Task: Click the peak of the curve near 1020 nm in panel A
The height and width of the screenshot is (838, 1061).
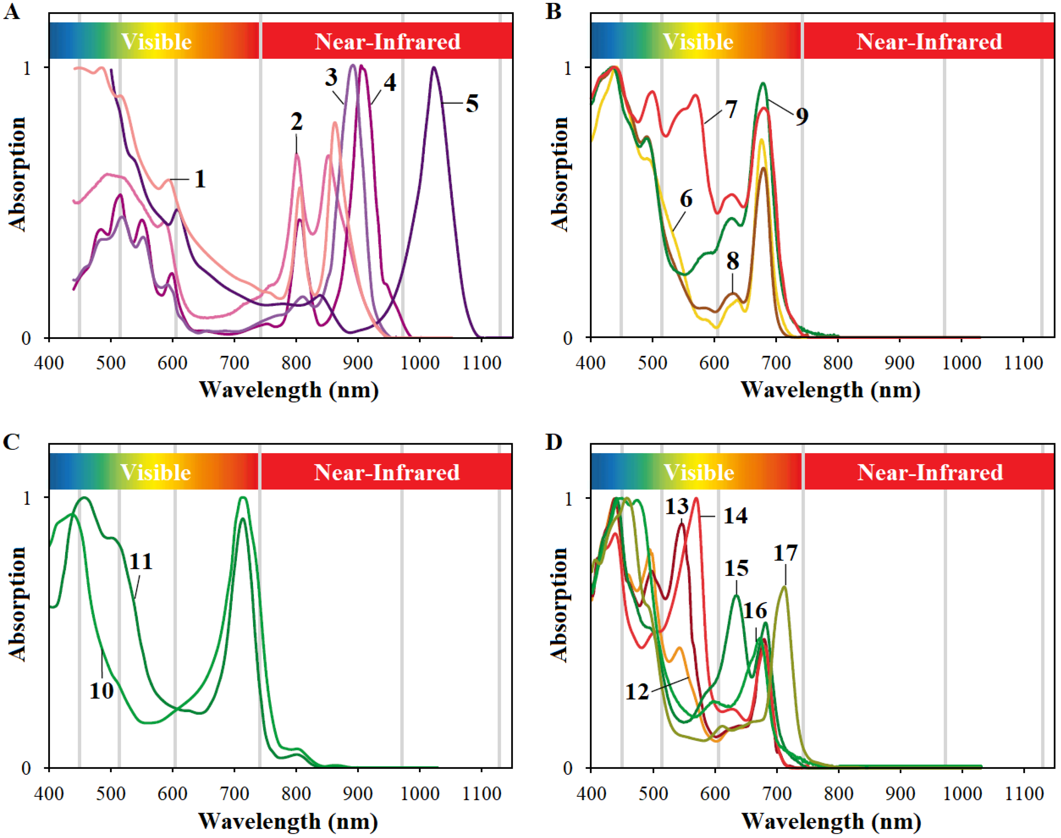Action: tap(433, 68)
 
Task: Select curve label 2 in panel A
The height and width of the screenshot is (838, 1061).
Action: tap(297, 122)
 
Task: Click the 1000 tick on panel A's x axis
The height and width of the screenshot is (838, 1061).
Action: tap(420, 364)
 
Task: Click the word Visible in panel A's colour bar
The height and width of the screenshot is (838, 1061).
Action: tap(156, 42)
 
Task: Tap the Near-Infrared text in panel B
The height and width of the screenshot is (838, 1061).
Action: tap(929, 42)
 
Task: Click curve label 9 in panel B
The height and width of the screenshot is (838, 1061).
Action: tap(802, 116)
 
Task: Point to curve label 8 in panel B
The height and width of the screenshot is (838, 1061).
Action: tap(733, 261)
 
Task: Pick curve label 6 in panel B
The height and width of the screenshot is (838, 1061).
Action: tap(686, 199)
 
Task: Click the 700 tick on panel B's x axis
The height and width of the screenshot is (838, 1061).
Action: tap(776, 364)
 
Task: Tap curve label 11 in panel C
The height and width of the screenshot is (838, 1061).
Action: tap(141, 561)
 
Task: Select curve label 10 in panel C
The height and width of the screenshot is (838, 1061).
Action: tap(102, 691)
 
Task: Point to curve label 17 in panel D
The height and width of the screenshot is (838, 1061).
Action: tap(785, 553)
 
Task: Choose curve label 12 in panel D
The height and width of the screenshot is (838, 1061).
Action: tap(637, 692)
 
